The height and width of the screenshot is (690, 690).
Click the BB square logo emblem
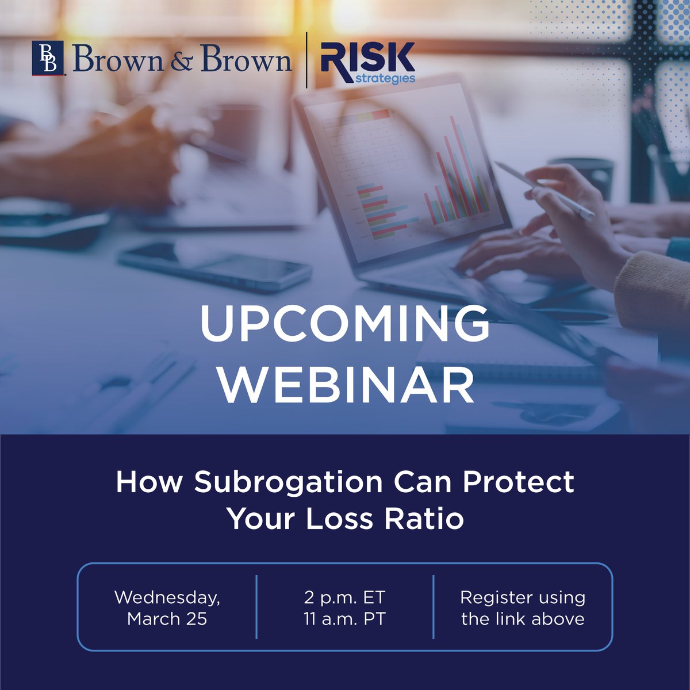coord(48,59)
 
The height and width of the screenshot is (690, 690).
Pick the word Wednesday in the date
coord(167,597)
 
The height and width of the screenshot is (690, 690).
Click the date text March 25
coord(167,619)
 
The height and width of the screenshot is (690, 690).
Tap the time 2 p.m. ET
coord(344,597)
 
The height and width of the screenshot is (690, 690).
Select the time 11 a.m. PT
coord(344,619)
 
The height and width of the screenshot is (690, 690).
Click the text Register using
coord(523,597)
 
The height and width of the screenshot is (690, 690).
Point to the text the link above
coord(523,619)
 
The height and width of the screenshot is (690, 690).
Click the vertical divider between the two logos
coord(306,60)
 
